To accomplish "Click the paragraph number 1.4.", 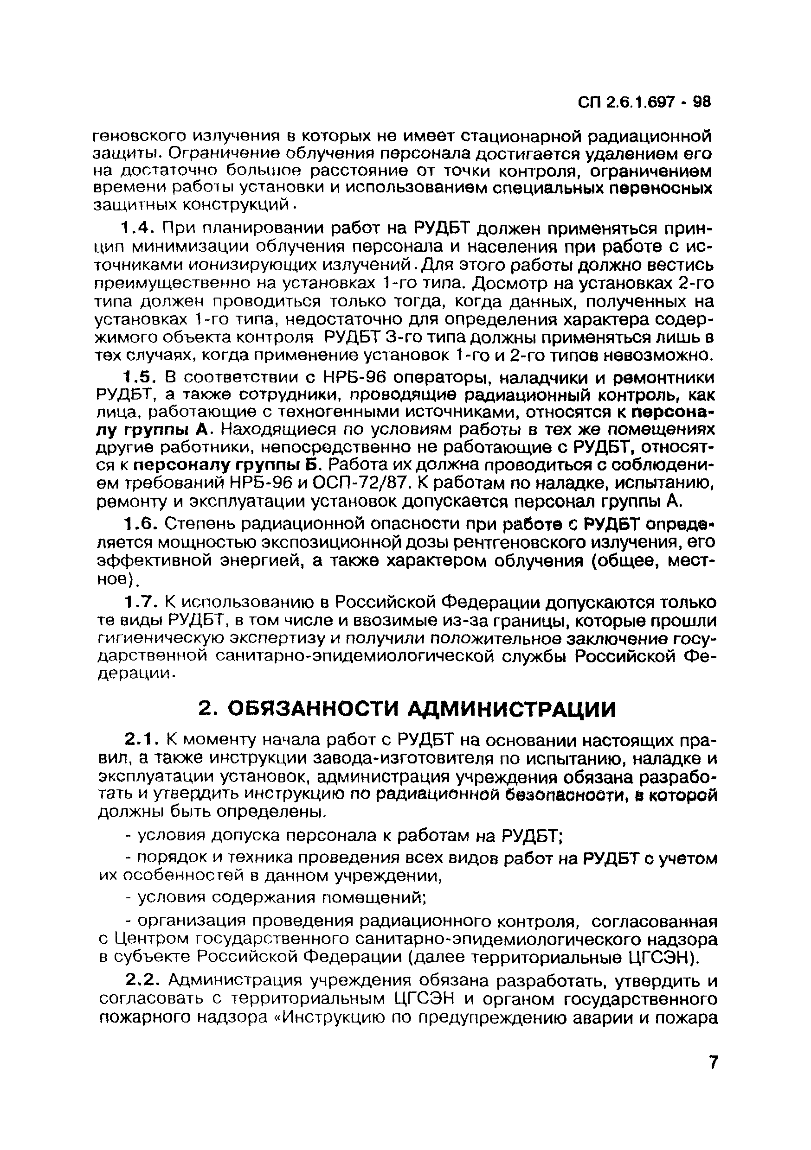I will tap(136, 229).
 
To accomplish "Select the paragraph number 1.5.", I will tap(136, 377).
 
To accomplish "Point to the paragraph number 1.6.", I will tap(136, 524).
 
